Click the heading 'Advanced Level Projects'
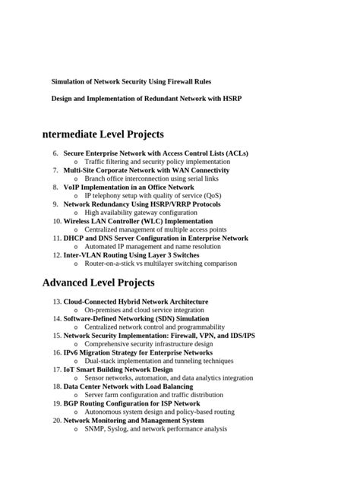tap(99, 283)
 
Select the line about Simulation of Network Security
tap(131, 81)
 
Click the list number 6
tap(55, 153)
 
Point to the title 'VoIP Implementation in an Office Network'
tap(128, 187)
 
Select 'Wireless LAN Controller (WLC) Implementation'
tap(138, 221)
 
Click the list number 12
tap(57, 255)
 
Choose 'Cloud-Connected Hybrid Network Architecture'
tap(135, 302)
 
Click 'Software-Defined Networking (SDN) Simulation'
tap(136, 319)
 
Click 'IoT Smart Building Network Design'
tap(118, 369)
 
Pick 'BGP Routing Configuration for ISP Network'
tap(131, 403)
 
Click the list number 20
tap(57, 420)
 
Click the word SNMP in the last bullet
tap(95, 428)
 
